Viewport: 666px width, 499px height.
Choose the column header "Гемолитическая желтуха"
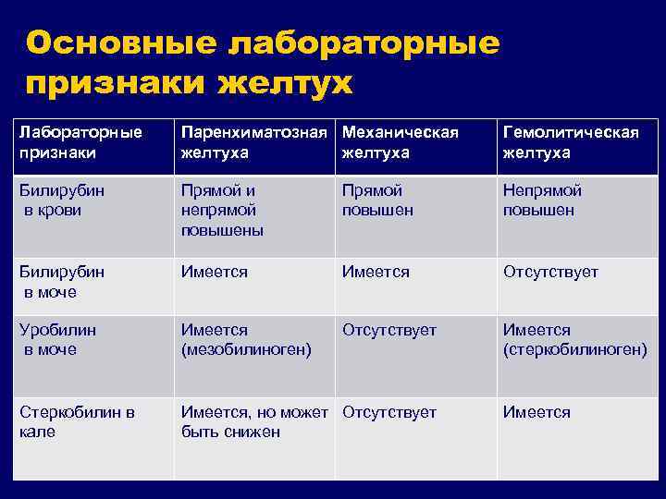[x=571, y=142]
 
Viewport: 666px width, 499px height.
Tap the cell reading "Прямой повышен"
[x=376, y=200]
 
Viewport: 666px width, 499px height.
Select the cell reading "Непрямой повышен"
[x=542, y=200]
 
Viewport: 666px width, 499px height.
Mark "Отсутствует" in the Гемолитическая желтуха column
[x=550, y=273]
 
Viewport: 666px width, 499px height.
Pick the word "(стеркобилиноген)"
[x=574, y=349]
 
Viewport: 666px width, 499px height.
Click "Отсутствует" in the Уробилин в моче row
[x=389, y=330]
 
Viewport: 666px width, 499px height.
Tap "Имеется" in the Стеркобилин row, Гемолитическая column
[x=536, y=412]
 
